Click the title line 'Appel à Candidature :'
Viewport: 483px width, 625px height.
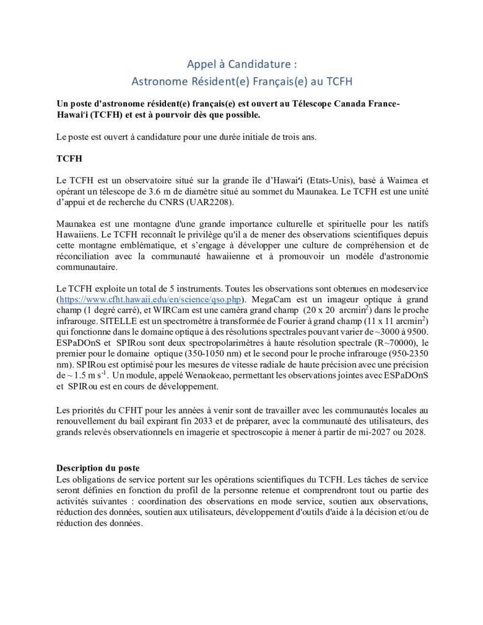[241, 64]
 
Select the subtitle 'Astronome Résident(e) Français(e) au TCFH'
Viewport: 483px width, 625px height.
[241, 81]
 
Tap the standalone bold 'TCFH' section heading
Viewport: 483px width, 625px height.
[68, 158]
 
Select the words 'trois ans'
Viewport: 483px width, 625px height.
[299, 137]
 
